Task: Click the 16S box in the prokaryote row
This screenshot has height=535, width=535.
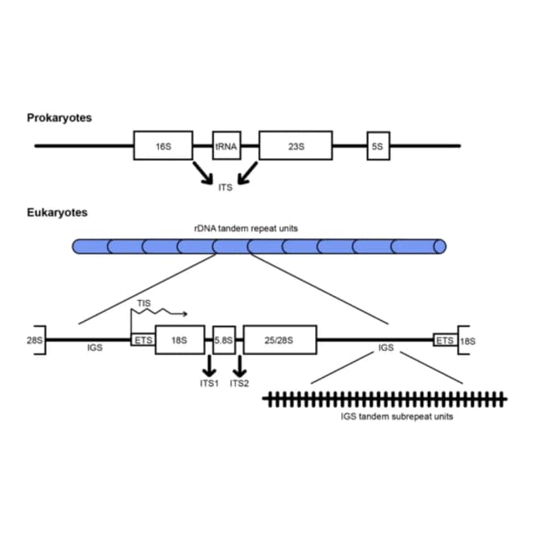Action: (163, 145)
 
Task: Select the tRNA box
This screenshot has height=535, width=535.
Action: (227, 145)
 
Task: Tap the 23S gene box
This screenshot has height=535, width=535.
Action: (295, 145)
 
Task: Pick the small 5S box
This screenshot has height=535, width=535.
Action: (379, 145)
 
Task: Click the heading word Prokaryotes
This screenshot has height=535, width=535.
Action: (59, 118)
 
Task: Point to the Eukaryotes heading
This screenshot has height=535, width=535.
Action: (57, 212)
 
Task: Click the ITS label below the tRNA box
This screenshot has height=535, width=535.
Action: (225, 187)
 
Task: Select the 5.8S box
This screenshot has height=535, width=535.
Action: (224, 340)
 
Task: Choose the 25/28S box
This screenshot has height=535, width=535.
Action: (280, 340)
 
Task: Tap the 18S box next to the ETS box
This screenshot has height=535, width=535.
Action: (180, 340)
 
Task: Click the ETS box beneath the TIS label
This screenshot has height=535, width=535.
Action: (143, 340)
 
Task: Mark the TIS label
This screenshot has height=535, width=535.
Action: (144, 303)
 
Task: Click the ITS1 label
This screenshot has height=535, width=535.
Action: (209, 384)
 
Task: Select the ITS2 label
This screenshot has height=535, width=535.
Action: (239, 384)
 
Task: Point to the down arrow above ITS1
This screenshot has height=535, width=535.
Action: (209, 366)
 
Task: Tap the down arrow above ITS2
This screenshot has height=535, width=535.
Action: (240, 366)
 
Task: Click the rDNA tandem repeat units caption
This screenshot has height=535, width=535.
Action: (246, 228)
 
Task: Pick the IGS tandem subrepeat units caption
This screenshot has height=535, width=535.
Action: (397, 416)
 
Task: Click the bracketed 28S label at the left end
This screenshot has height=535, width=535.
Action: (35, 340)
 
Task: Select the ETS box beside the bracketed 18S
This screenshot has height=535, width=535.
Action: (446, 340)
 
